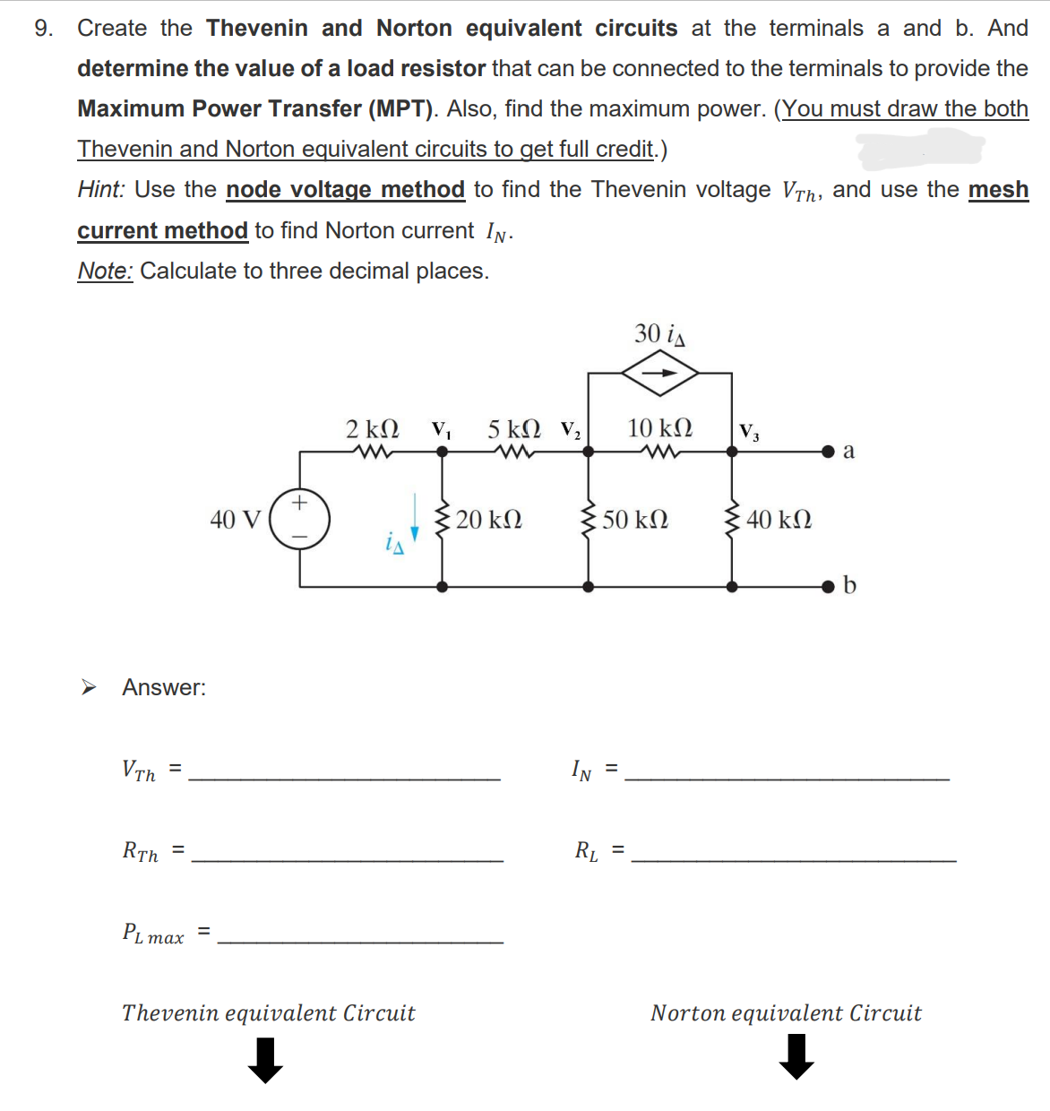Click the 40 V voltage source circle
coord(299,518)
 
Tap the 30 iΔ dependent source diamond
coord(660,374)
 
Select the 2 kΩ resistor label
coord(373,428)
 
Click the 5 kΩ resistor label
coord(513,428)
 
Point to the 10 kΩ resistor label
coord(659,427)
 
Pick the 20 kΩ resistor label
coord(489,520)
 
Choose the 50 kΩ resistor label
coord(635,520)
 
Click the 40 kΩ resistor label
coord(779,520)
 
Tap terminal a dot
coord(830,452)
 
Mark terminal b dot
coord(830,587)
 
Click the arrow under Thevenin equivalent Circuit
coord(265,1060)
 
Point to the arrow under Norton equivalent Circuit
coord(796,1056)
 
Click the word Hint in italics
coord(100,190)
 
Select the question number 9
coord(43,29)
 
